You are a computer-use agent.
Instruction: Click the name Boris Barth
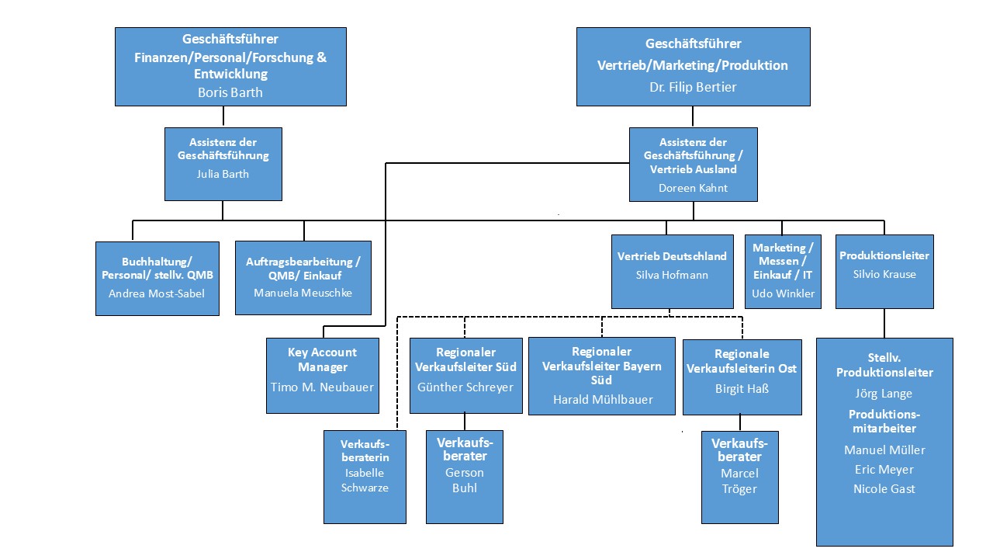pos(230,92)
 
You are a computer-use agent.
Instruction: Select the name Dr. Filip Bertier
pos(693,87)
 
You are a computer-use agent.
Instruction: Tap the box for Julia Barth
pos(223,164)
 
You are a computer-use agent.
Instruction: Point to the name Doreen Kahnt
pos(693,188)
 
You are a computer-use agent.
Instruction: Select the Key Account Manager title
pos(322,359)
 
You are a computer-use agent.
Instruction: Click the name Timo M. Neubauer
pos(322,387)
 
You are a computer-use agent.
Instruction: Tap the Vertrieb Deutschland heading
pos(672,255)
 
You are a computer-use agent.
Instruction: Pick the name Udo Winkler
pos(783,293)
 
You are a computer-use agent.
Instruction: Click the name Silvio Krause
pos(884,273)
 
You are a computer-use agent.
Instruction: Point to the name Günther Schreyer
pos(465,387)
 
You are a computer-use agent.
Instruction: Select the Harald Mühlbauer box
pos(602,376)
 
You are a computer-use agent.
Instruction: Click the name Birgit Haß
pos(742,389)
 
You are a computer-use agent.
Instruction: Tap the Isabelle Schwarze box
pos(365,477)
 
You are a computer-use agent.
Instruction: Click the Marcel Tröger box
pos(739,477)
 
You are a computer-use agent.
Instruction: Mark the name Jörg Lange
pos(884,394)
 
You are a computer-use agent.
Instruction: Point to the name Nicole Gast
pos(884,488)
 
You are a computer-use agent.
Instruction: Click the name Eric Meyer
pos(884,469)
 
